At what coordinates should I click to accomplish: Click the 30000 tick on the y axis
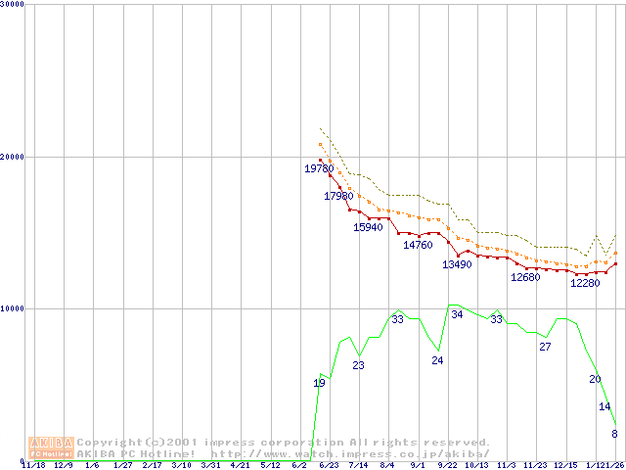(13, 4)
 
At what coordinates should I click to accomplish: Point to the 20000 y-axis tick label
(13, 157)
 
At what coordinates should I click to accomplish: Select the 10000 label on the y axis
(13, 308)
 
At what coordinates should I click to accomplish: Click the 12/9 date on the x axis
(64, 466)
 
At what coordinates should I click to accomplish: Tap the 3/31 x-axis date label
(210, 466)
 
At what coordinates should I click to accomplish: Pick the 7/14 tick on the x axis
(358, 466)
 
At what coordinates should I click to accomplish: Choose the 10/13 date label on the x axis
(476, 466)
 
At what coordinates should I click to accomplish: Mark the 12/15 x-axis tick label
(564, 466)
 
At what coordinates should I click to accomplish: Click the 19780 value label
(319, 169)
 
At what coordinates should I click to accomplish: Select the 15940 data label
(368, 227)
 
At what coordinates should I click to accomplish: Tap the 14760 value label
(418, 245)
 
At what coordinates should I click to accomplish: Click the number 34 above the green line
(457, 314)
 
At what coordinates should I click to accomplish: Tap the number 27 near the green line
(545, 347)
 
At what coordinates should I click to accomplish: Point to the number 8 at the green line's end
(614, 434)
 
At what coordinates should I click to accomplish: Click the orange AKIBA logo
(51, 447)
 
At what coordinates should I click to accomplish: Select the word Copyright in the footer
(109, 443)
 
